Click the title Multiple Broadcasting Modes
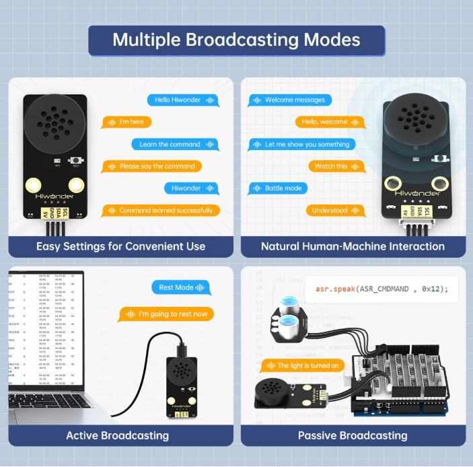click(x=236, y=40)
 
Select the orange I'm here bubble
click(x=126, y=122)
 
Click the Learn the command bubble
click(x=175, y=144)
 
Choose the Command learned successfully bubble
click(x=161, y=211)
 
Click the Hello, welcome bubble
click(x=330, y=122)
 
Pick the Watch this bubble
click(x=336, y=166)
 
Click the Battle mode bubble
click(x=279, y=188)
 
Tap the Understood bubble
click(x=335, y=211)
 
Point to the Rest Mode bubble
click(x=181, y=287)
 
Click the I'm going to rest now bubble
click(x=166, y=314)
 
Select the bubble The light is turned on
click(x=303, y=365)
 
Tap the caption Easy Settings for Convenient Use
click(x=121, y=246)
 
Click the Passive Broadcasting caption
click(x=353, y=435)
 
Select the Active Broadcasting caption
click(x=118, y=435)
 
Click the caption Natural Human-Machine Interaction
click(x=353, y=246)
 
